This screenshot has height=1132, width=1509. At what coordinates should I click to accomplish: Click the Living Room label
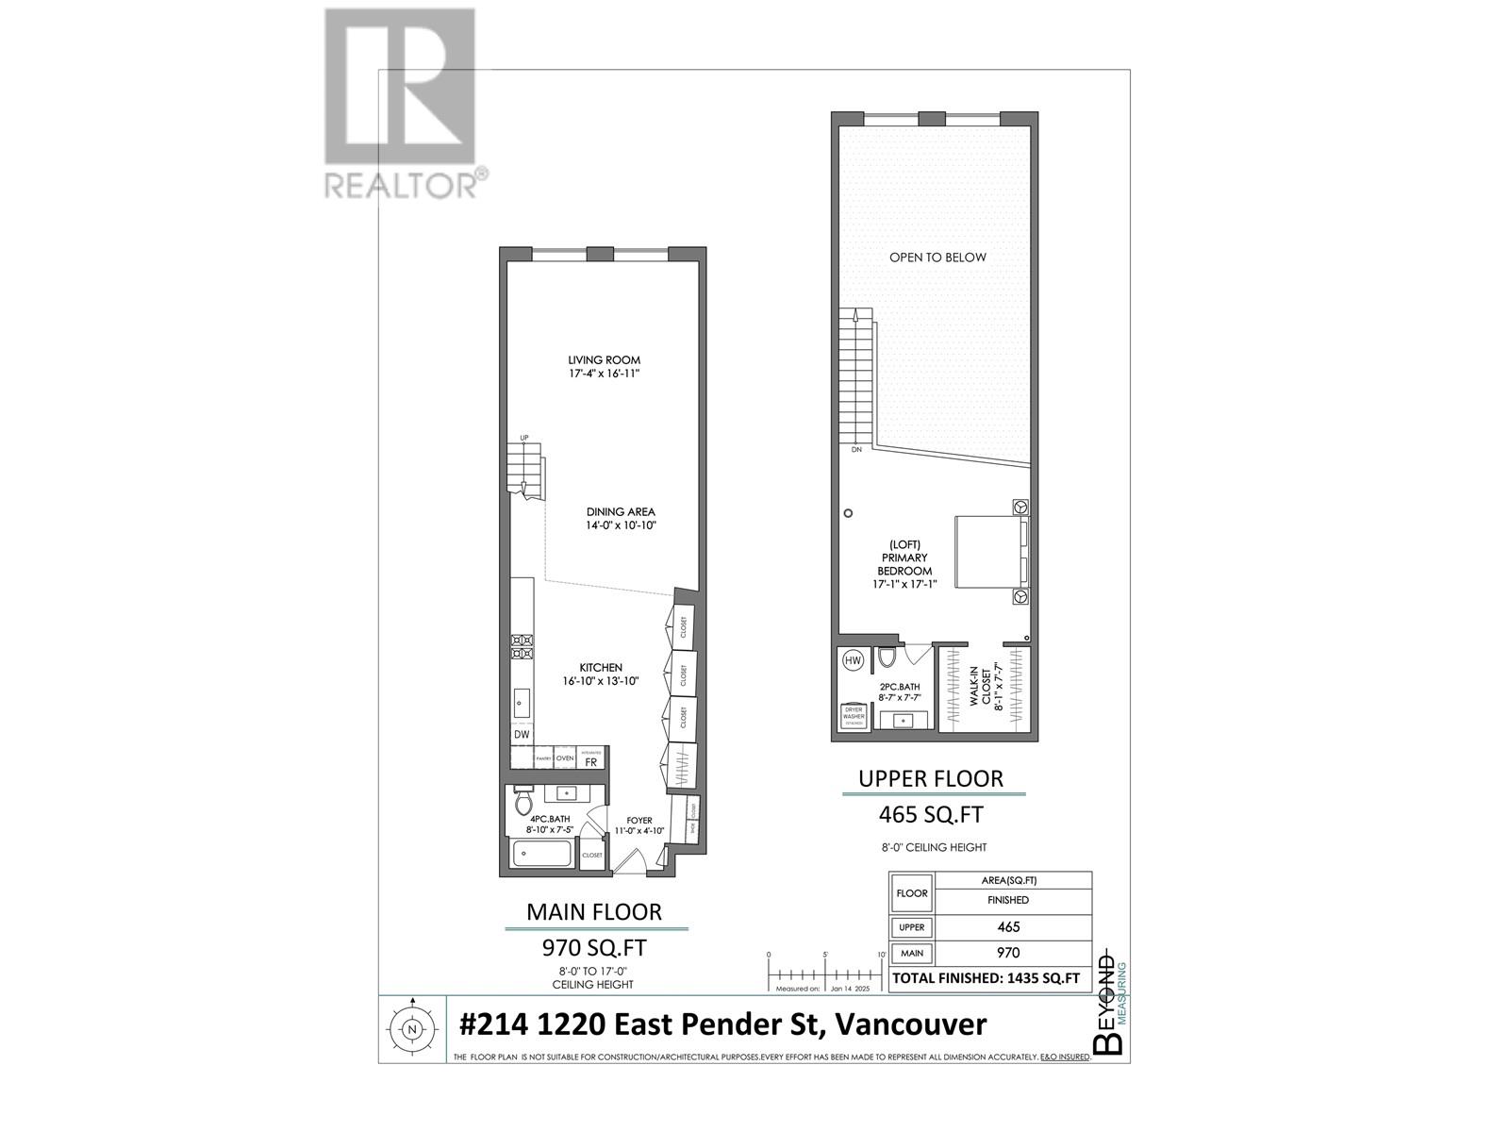coord(604,359)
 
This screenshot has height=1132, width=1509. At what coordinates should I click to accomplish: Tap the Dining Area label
coord(620,511)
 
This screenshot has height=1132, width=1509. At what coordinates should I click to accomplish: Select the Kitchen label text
coord(601,667)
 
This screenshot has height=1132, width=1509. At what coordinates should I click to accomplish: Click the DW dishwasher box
coord(522,734)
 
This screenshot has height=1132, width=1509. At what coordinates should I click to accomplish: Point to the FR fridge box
coord(590,761)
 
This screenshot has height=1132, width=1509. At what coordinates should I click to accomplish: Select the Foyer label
coord(638,820)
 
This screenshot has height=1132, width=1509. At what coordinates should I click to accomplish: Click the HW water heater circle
coord(854,660)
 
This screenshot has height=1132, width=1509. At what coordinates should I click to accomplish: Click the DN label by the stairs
coord(856,450)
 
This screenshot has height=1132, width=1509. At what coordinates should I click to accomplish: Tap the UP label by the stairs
coord(524,438)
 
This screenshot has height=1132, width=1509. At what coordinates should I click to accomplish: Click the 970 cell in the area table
coord(1007,953)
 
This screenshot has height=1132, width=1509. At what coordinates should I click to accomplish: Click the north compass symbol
coord(411,1029)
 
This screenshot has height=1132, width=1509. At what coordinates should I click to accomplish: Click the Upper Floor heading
coord(930,778)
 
